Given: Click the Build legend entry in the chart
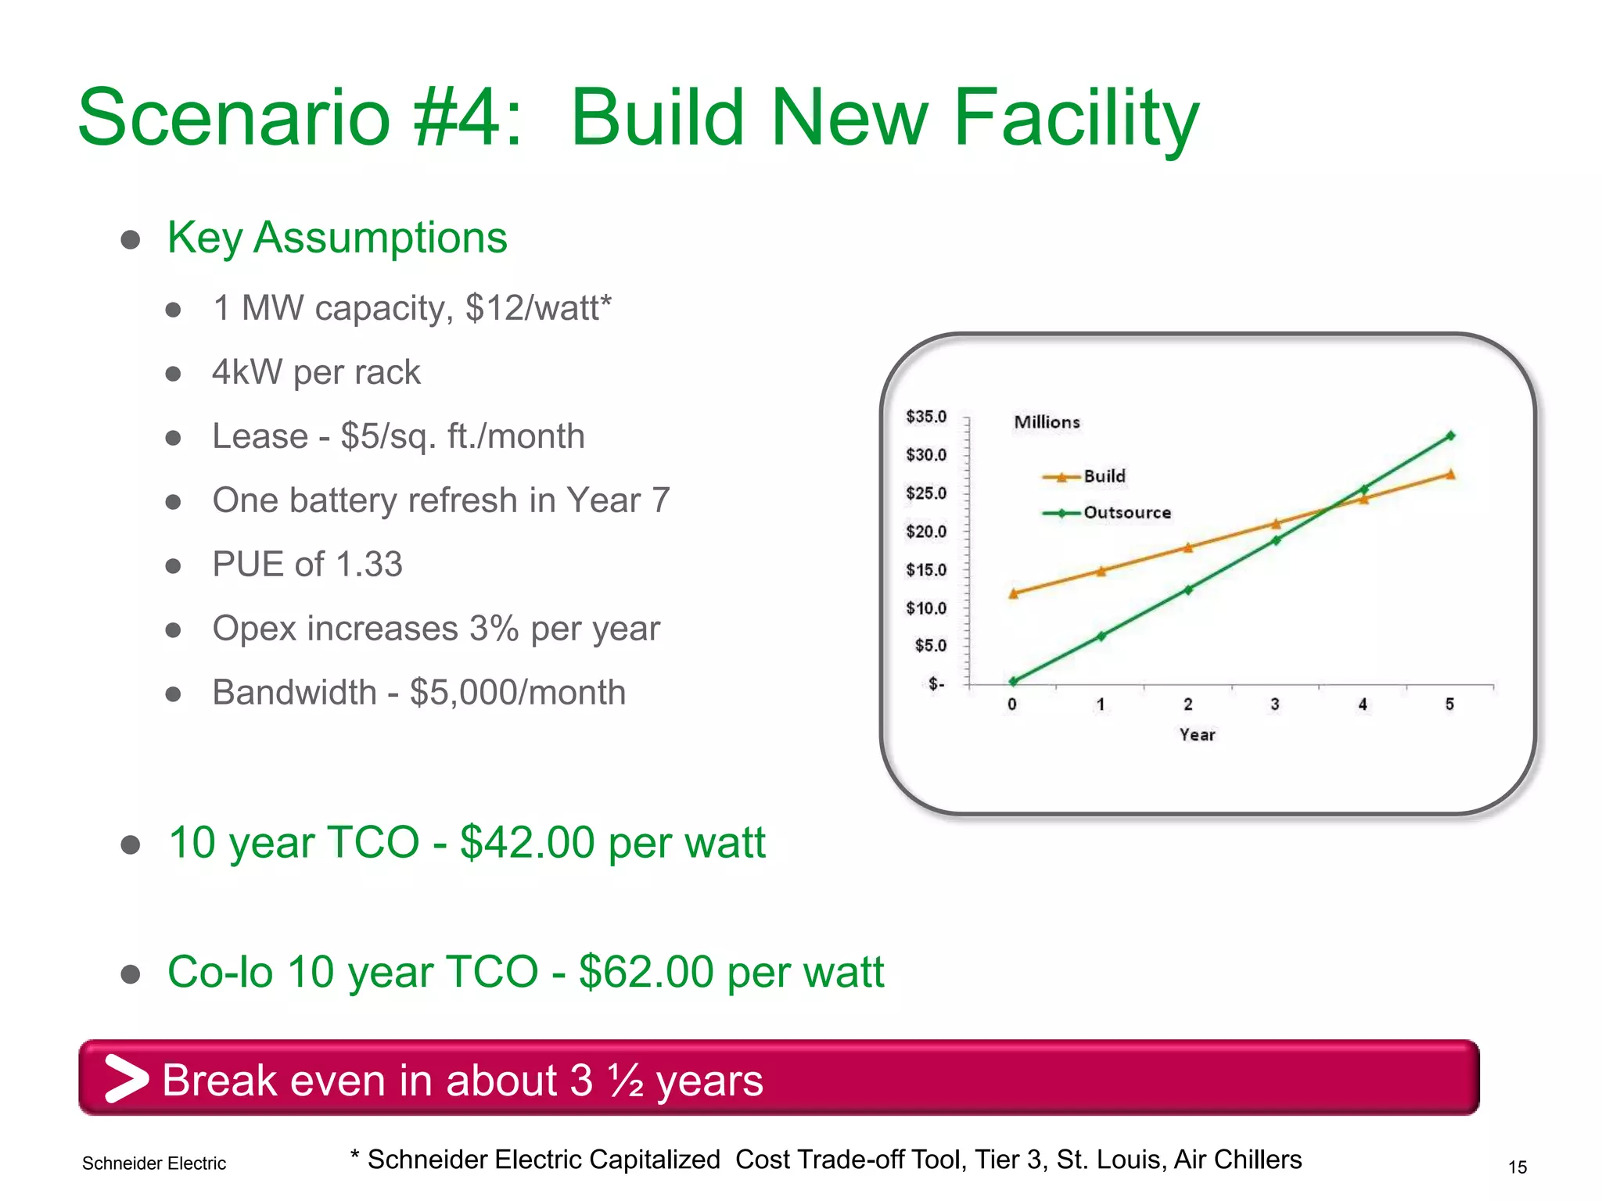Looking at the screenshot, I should point(1104,476).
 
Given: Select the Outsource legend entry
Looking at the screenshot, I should point(1126,513).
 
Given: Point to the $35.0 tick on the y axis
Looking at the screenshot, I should point(926,417).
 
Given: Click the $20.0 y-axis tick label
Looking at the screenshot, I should point(926,532).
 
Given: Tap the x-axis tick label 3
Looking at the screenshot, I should point(1275,704).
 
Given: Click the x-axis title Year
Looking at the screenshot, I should point(1197,735).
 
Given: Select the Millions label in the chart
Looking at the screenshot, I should point(1047,422).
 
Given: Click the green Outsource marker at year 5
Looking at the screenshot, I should point(1450,436).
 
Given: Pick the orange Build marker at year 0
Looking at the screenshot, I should point(1014,593).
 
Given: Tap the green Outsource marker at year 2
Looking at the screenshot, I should point(1188,590).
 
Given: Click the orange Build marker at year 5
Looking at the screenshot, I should point(1450,474).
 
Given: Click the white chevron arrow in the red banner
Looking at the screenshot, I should point(125,1078).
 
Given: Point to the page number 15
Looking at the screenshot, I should point(1517,1167).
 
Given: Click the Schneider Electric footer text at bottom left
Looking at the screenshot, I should point(154,1163).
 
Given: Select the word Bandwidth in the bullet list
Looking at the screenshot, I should point(294,693).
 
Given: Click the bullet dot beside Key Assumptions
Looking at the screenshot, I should point(131,239).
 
